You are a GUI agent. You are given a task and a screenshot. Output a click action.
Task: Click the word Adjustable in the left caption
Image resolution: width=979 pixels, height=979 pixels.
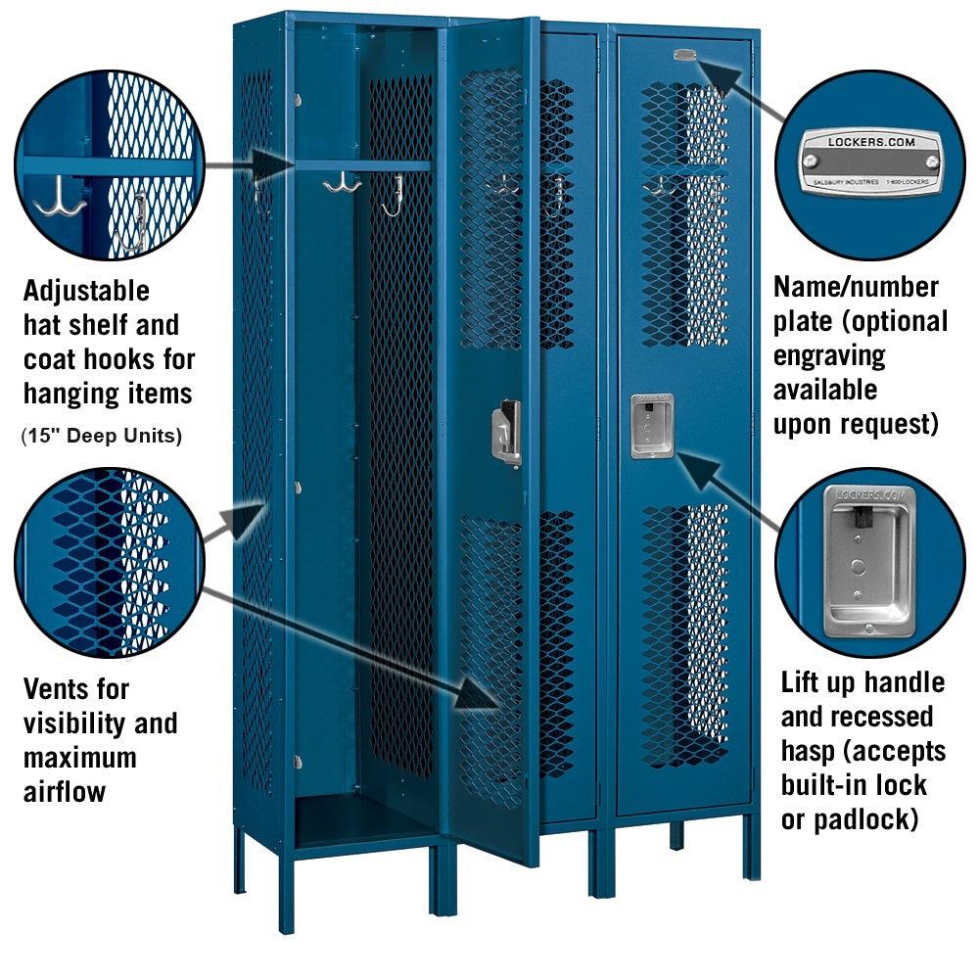pos(87,291)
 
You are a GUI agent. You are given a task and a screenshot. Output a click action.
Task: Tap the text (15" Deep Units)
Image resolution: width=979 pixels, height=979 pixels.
pos(102,436)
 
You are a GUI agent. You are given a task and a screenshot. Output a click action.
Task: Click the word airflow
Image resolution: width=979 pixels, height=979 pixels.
pos(65,791)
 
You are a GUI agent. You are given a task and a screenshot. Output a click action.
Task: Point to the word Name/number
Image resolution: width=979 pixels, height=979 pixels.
pos(857,287)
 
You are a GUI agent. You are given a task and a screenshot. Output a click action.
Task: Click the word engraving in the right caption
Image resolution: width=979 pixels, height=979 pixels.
pos(829,355)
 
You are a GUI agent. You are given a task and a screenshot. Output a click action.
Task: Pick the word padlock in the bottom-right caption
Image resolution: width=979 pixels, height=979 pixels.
pos(859,817)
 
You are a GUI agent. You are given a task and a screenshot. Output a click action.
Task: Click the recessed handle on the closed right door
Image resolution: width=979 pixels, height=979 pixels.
pos(651,426)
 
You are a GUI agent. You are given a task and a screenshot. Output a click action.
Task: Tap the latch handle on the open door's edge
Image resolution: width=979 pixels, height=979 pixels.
pos(506,431)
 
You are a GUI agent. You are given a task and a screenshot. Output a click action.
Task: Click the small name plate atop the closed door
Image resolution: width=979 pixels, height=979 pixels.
pos(684,55)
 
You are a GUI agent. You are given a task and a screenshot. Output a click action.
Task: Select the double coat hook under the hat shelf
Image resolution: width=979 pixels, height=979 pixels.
pos(342,183)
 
